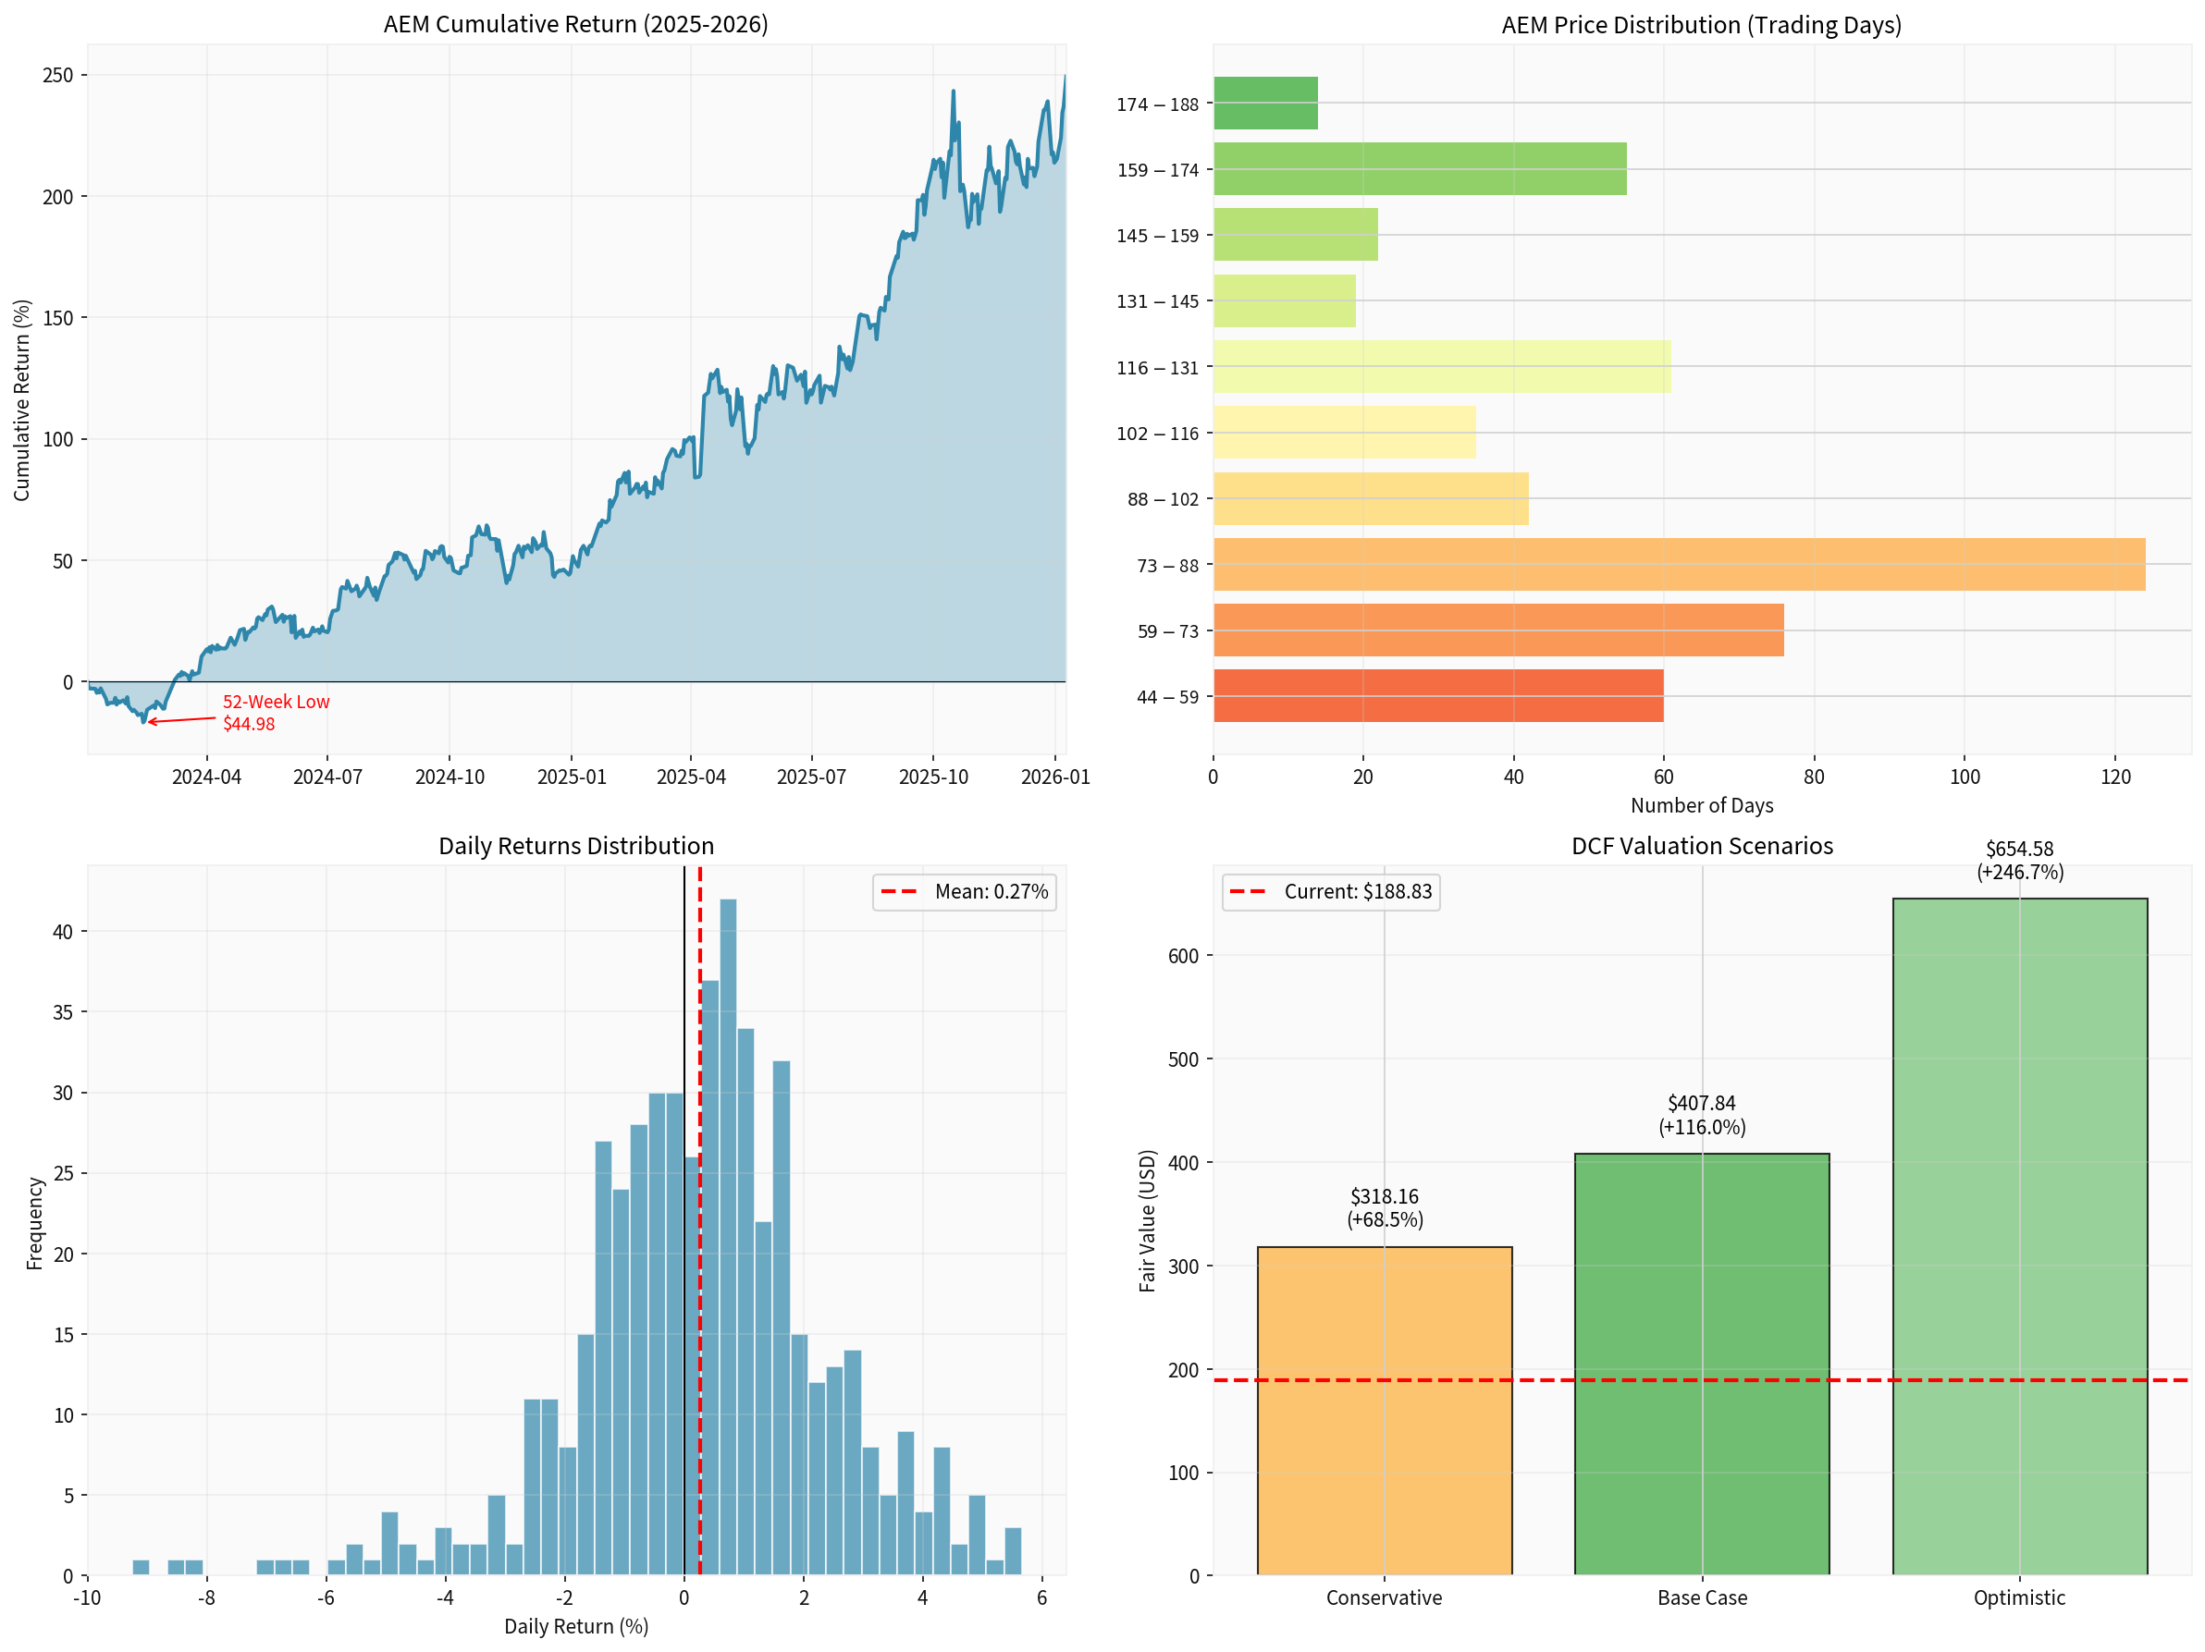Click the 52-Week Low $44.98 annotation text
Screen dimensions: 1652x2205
point(275,713)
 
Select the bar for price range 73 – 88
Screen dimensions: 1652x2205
point(1679,564)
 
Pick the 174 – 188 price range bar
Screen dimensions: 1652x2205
point(1265,103)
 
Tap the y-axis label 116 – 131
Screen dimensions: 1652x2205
point(1156,368)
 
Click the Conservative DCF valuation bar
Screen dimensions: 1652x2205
point(1384,1410)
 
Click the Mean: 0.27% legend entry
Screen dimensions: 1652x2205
point(964,892)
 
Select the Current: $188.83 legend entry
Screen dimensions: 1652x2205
point(1331,892)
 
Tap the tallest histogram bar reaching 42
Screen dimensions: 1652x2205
point(728,1235)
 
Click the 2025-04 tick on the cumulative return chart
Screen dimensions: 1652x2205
point(691,777)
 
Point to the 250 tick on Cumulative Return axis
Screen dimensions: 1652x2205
point(58,75)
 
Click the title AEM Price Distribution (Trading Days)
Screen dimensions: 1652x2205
point(1701,25)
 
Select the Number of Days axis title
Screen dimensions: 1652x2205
point(1701,805)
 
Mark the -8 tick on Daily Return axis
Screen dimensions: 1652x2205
point(206,1597)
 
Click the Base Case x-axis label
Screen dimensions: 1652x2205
point(1702,1597)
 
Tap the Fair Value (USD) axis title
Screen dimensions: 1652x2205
point(1147,1220)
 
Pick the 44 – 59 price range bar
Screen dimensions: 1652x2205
point(1437,695)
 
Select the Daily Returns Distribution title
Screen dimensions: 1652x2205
point(576,846)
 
